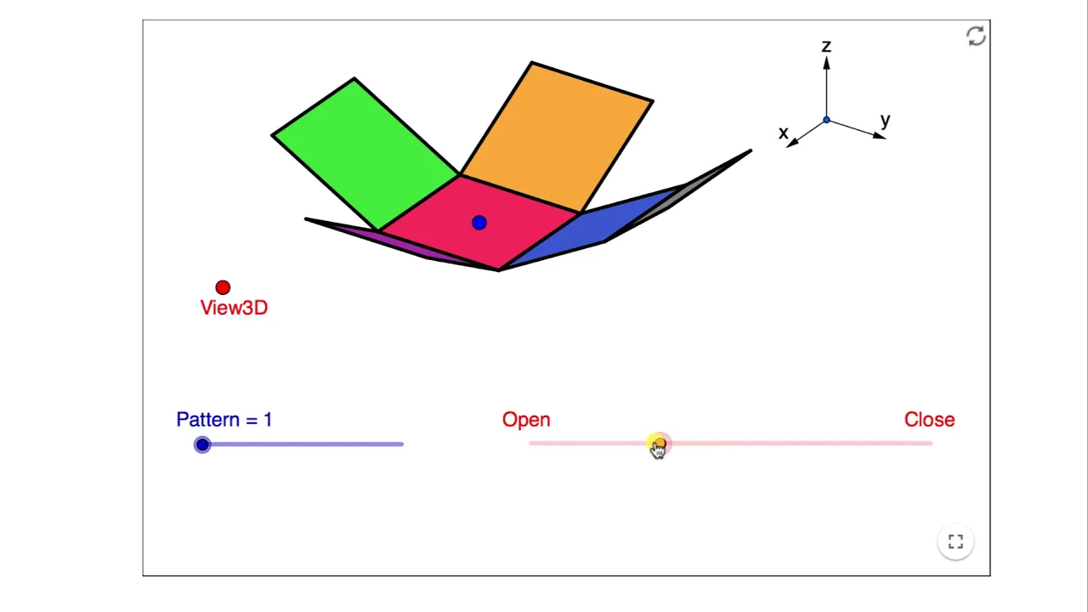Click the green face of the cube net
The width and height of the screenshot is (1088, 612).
pyautogui.click(x=365, y=153)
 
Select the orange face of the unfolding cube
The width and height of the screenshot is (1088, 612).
pyautogui.click(x=557, y=137)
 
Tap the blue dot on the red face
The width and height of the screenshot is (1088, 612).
pyautogui.click(x=479, y=223)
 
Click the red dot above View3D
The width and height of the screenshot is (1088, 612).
pyautogui.click(x=223, y=287)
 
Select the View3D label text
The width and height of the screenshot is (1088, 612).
pyautogui.click(x=234, y=308)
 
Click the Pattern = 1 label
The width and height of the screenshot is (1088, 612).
pyautogui.click(x=224, y=420)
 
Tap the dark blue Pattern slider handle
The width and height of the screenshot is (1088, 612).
pyautogui.click(x=202, y=445)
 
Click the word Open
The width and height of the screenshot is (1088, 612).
pyautogui.click(x=526, y=420)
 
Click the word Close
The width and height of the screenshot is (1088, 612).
pyautogui.click(x=929, y=420)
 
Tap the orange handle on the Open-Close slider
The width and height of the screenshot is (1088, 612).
pyautogui.click(x=659, y=443)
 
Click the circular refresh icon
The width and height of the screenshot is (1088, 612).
pyautogui.click(x=976, y=36)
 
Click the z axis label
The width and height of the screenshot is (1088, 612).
pyautogui.click(x=826, y=47)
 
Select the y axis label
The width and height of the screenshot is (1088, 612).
pyautogui.click(x=886, y=120)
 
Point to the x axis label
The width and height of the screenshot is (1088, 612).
pyautogui.click(x=783, y=133)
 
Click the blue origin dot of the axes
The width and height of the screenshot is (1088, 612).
pyautogui.click(x=826, y=120)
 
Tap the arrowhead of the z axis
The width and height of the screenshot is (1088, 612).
pyautogui.click(x=826, y=63)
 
